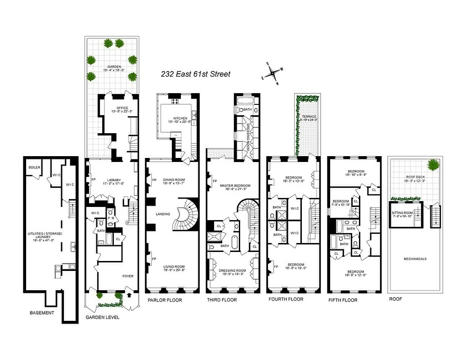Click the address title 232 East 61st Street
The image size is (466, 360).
click(196, 74)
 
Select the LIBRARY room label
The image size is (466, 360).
click(112, 180)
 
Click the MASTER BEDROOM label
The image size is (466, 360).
click(234, 185)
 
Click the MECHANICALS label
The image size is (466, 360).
click(415, 259)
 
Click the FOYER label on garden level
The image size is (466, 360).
click(128, 276)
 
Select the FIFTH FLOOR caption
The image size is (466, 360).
click(343, 300)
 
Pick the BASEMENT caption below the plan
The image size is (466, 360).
click(42, 313)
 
